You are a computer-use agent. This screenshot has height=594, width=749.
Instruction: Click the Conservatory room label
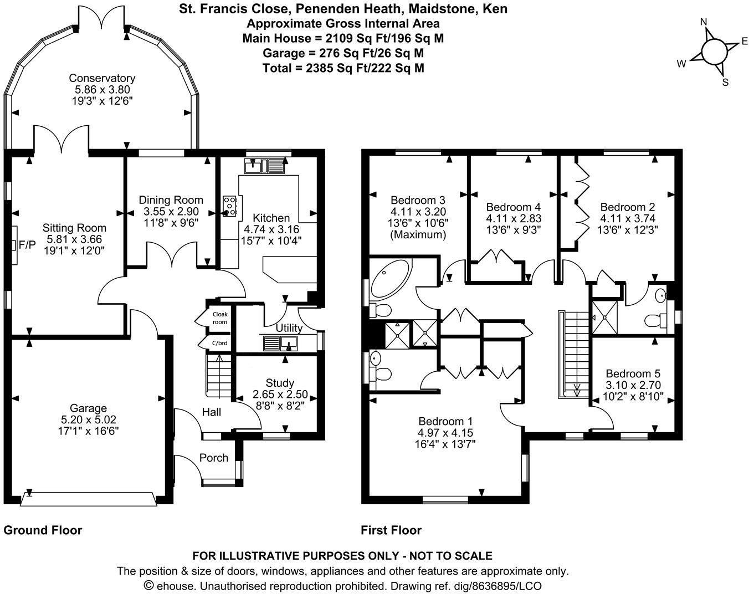[x=101, y=79]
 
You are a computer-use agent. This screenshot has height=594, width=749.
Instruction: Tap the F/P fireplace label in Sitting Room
[x=26, y=244]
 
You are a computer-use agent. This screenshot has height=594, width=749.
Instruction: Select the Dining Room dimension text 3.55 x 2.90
[x=171, y=212]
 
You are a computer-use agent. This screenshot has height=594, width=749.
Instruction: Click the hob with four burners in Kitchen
[x=230, y=206]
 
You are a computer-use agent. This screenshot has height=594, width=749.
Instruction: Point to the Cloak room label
[x=220, y=318]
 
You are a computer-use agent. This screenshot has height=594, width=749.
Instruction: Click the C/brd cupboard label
[x=220, y=343]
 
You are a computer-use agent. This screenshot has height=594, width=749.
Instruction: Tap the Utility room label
[x=289, y=328]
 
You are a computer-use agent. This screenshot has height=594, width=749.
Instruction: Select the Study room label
[x=280, y=383]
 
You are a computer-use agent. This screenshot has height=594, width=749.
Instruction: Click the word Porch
[x=214, y=458]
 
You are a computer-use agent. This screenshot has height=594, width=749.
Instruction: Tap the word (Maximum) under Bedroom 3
[x=419, y=234]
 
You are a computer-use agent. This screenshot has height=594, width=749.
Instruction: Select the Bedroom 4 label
[x=513, y=207]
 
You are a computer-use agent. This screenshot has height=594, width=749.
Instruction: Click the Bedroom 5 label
[x=633, y=374]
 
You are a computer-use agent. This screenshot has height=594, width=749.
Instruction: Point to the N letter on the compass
[x=704, y=22]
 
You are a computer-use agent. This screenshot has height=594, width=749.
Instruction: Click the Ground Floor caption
[x=43, y=530]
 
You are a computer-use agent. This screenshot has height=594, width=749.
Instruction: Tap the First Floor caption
[x=391, y=530]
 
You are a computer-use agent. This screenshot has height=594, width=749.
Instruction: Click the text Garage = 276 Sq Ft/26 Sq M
[x=343, y=53]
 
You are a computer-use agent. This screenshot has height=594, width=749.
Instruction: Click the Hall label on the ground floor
[x=211, y=412]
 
